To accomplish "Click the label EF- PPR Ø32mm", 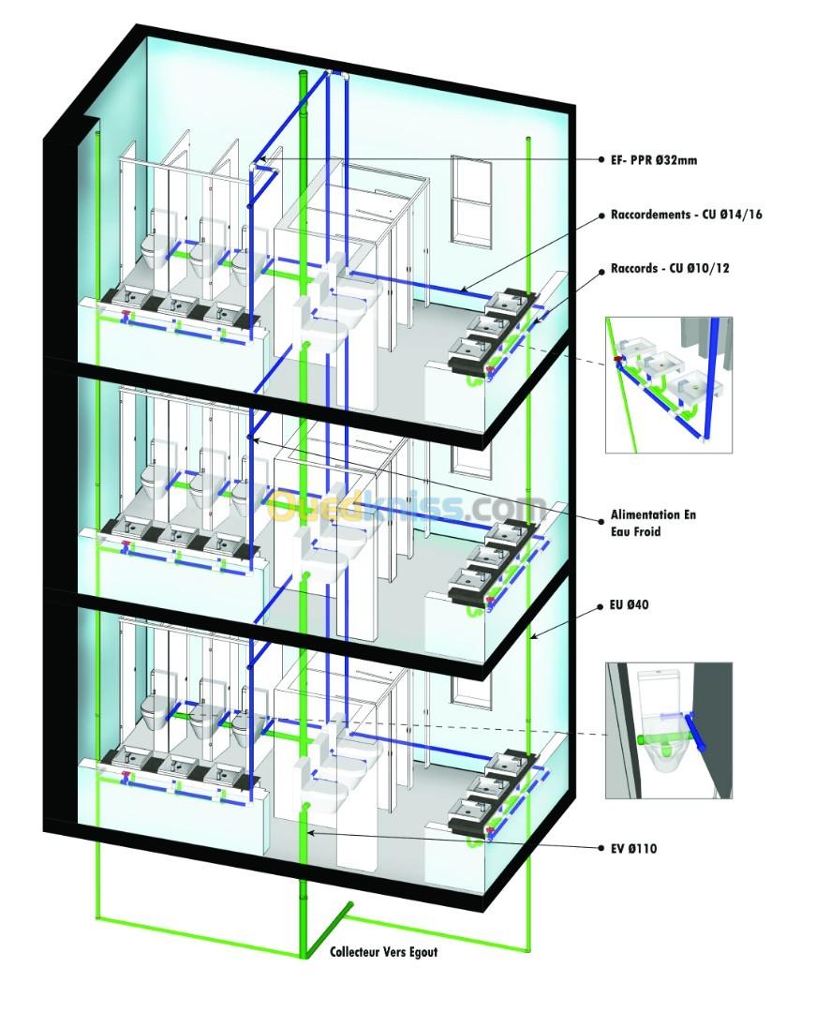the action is (654, 160).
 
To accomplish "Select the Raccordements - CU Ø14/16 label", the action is (687, 215).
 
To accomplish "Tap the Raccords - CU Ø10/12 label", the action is (670, 268).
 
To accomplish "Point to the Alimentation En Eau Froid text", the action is (653, 523).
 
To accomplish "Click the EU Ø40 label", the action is (629, 604).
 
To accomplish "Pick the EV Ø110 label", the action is (633, 848).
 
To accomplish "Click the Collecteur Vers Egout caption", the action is (384, 951).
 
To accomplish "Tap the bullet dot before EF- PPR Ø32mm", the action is (601, 160).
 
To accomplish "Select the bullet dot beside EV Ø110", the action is (601, 849).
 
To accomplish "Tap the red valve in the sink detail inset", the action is (618, 358).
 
